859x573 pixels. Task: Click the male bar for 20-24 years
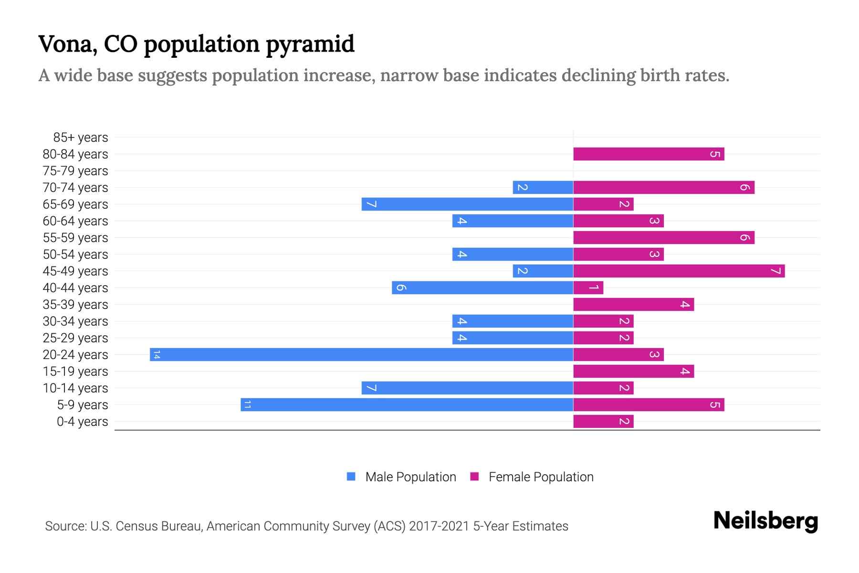click(361, 354)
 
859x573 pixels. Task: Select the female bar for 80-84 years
click(649, 154)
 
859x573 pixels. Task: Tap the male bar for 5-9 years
click(407, 404)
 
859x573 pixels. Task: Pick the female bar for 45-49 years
click(679, 271)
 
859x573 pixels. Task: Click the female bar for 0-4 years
click(603, 421)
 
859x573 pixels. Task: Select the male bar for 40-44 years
click(482, 287)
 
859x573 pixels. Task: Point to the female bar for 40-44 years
click(588, 287)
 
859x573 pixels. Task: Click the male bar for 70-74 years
click(543, 187)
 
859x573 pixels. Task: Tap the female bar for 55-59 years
click(663, 237)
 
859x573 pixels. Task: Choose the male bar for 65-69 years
click(467, 204)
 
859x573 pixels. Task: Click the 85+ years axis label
click(81, 138)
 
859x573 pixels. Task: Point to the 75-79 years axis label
click(75, 171)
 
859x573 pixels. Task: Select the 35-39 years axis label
click(75, 305)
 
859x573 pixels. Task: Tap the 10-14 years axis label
click(75, 388)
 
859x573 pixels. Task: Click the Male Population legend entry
click(410, 477)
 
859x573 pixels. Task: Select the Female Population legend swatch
click(474, 476)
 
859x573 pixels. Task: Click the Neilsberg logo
click(765, 520)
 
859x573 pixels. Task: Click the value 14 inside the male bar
click(157, 354)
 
